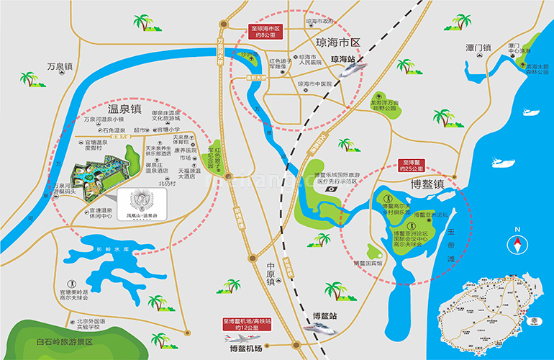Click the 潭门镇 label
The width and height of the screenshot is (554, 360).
478,48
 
